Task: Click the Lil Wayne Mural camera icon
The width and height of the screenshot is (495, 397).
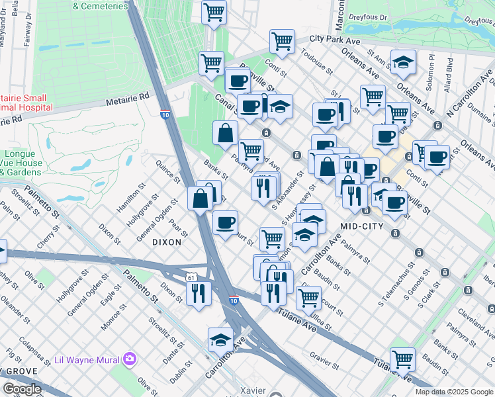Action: pyautogui.click(x=130, y=359)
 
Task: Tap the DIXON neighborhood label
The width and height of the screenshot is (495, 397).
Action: pyautogui.click(x=167, y=242)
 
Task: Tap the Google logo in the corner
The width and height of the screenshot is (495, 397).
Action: pyautogui.click(x=22, y=389)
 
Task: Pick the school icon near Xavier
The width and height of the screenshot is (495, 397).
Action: pyautogui.click(x=220, y=340)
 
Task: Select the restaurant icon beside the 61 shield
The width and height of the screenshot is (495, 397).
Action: pyautogui.click(x=199, y=293)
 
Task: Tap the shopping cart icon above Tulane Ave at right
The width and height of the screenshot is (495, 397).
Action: pyautogui.click(x=402, y=360)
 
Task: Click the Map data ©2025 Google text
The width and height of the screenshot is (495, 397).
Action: pyautogui.click(x=455, y=392)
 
